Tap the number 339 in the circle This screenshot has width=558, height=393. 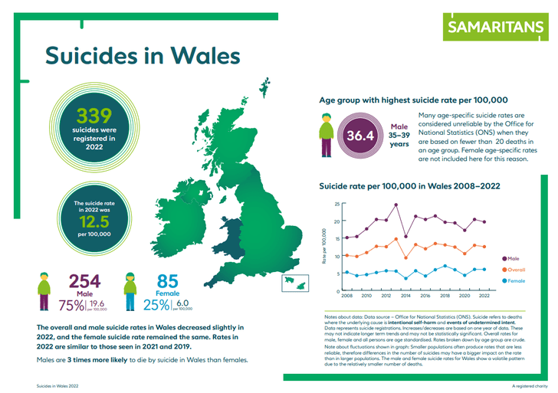pos(94,115)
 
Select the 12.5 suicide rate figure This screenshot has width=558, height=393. pos(94,221)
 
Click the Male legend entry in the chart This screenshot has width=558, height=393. pos(514,260)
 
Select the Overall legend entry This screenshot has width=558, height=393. pos(517,270)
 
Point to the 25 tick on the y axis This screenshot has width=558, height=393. pos(334,205)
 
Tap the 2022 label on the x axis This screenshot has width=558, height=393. pos(484,296)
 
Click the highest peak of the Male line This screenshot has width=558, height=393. pos(396,205)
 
